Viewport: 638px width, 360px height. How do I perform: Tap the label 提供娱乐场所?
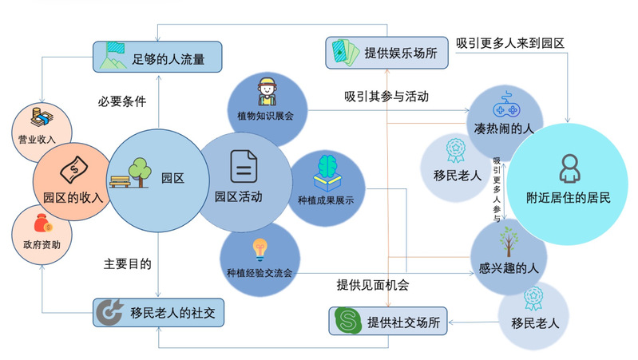400,53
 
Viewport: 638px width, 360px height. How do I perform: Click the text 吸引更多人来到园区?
510,42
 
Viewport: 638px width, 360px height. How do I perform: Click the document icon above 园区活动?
244,167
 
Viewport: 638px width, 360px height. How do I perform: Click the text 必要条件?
121,103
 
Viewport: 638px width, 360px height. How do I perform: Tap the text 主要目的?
128,263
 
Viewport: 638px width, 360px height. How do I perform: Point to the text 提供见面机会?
373,284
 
